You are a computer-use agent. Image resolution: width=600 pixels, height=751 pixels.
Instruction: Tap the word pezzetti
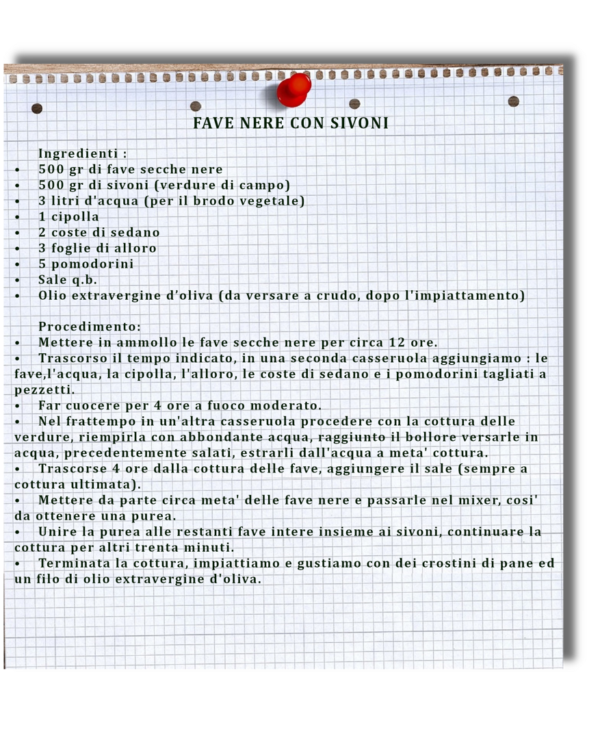[x=44, y=390]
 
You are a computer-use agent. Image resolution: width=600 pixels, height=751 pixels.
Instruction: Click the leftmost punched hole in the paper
[x=37, y=108]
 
